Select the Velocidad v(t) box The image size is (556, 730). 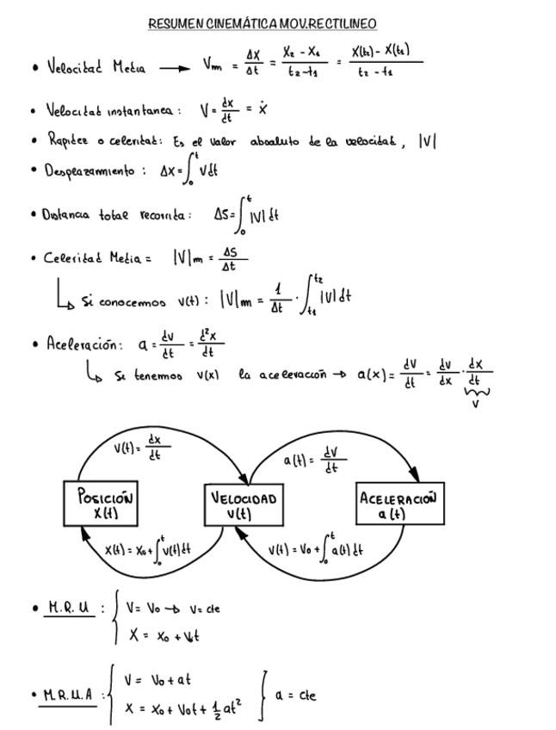[x=244, y=504]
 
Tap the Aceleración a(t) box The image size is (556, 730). [x=398, y=504]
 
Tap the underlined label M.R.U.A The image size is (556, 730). [x=71, y=693]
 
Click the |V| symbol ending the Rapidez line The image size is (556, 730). [x=428, y=141]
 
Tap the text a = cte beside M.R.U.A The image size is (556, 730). [x=298, y=693]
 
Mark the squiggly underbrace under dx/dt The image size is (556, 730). [x=476, y=393]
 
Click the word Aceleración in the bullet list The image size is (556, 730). [x=81, y=345]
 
